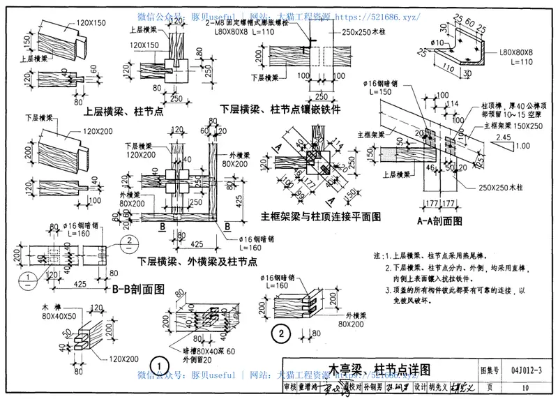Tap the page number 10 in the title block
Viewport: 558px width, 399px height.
point(525,387)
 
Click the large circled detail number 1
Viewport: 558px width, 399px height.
point(160,364)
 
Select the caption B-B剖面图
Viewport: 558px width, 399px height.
point(137,288)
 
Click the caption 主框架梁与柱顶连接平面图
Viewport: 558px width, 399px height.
point(321,217)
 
